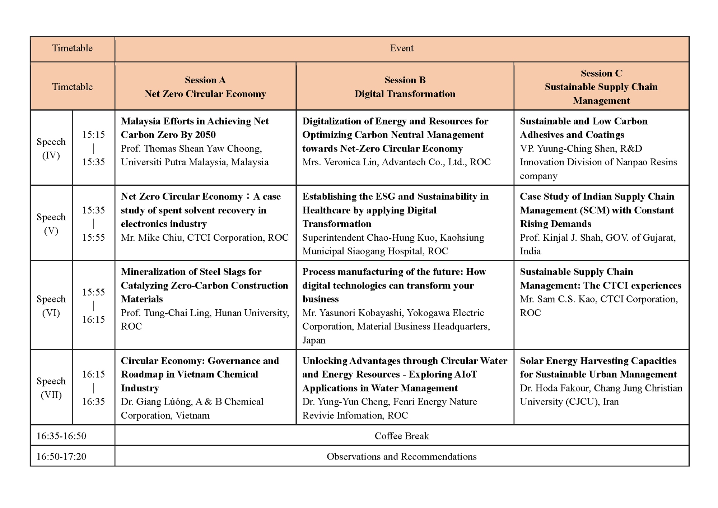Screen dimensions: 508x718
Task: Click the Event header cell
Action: tap(402, 48)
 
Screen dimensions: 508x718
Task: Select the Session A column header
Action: tap(205, 87)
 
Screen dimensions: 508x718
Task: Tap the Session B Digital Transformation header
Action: tap(405, 87)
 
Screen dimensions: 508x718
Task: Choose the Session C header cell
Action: tap(601, 87)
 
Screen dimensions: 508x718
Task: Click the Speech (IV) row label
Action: tap(51, 148)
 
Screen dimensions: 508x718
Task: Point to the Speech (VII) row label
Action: tap(51, 388)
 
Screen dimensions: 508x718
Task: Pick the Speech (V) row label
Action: tap(51, 223)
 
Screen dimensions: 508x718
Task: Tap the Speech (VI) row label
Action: tap(51, 306)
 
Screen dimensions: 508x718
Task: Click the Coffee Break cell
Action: tap(402, 436)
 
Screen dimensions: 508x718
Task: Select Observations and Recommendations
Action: tap(402, 456)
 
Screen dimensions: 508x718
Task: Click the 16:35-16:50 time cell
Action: tap(61, 436)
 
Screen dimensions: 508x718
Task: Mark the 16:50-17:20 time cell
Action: tap(61, 456)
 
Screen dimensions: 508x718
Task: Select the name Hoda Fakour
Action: tap(562, 388)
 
